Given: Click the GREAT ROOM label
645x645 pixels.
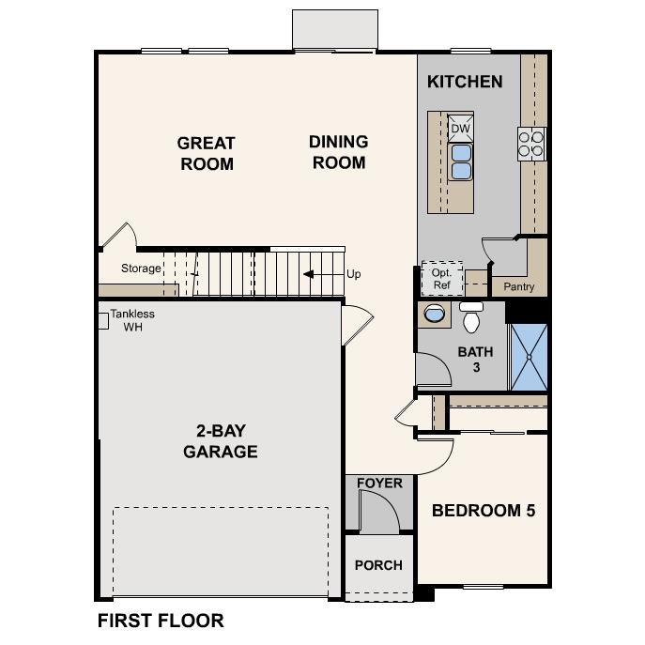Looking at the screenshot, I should pyautogui.click(x=206, y=154).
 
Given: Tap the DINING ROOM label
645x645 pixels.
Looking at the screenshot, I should pyautogui.click(x=339, y=152).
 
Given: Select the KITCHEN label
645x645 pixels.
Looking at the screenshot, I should pyautogui.click(x=465, y=82).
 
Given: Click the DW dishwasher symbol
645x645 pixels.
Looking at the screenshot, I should pyautogui.click(x=460, y=129).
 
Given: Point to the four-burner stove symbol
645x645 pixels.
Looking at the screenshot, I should pyautogui.click(x=530, y=142).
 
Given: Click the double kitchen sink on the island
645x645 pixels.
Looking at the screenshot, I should pyautogui.click(x=461, y=161).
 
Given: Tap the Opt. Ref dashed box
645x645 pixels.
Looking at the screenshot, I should pyautogui.click(x=442, y=278).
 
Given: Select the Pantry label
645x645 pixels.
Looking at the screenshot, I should pyautogui.click(x=519, y=286).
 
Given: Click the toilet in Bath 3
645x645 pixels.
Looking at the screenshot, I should pyautogui.click(x=471, y=318).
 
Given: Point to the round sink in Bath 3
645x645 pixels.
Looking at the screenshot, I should pyautogui.click(x=436, y=314).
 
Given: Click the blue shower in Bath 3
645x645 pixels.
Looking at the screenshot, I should pyautogui.click(x=528, y=356).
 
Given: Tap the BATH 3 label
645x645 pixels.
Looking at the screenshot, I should pyautogui.click(x=475, y=360).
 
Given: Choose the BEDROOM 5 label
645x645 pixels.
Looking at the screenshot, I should pyautogui.click(x=484, y=511).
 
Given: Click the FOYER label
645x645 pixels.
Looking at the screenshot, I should pyautogui.click(x=379, y=484).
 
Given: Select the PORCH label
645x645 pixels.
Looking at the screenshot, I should pyautogui.click(x=378, y=565).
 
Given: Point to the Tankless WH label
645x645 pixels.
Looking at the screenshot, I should pyautogui.click(x=132, y=320).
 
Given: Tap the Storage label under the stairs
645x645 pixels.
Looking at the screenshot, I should pyautogui.click(x=141, y=269).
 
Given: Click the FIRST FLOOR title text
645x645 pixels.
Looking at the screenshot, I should pyautogui.click(x=161, y=621).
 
